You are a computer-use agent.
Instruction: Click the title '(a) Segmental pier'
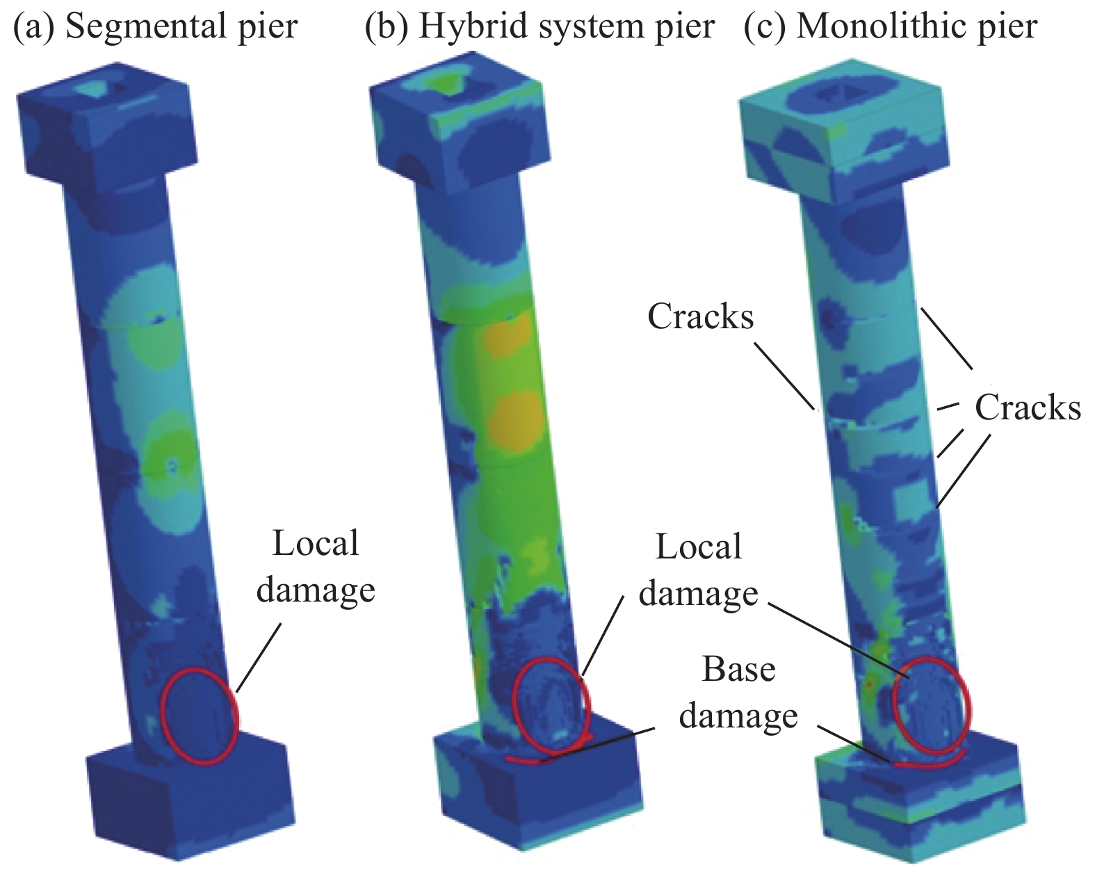(x=155, y=26)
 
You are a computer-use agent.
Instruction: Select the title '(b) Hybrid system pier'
(x=540, y=26)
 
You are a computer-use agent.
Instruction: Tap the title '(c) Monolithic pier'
(x=891, y=26)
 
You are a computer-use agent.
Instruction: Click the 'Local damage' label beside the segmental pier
(x=316, y=566)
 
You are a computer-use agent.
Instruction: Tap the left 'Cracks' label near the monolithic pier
(x=700, y=316)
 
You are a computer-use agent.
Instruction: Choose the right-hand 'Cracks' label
(x=1028, y=408)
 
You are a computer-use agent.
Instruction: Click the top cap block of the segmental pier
(x=107, y=124)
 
